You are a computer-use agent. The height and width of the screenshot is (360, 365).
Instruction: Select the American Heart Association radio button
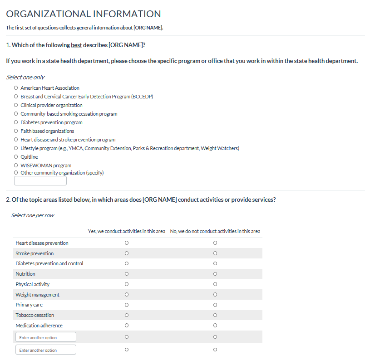[x=16, y=88]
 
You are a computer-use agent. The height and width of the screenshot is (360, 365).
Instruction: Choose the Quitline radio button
[x=16, y=157]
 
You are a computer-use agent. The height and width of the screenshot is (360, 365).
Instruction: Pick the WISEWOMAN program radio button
[x=16, y=165]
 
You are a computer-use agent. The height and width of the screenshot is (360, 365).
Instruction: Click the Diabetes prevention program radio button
[x=16, y=122]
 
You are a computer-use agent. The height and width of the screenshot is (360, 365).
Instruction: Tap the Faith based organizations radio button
[x=16, y=131]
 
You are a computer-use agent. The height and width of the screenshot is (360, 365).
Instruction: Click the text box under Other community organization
[x=40, y=181]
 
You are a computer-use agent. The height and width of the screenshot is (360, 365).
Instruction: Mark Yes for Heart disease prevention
[x=127, y=243]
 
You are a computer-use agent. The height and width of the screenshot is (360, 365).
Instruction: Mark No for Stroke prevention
[x=215, y=253]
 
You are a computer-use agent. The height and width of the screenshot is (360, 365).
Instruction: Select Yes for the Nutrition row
[x=127, y=274]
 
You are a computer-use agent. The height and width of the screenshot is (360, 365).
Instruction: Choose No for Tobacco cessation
[x=215, y=315]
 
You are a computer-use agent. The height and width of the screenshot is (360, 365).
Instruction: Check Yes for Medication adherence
[x=127, y=326]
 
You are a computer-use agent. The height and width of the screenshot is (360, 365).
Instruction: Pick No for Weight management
[x=215, y=295]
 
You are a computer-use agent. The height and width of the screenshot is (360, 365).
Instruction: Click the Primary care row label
[x=29, y=305]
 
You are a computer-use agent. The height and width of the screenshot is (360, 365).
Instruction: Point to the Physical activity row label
[x=33, y=284]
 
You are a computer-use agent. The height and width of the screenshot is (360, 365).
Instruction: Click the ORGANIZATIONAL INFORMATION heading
[x=84, y=15]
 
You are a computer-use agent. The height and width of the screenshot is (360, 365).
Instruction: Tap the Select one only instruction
[x=25, y=78]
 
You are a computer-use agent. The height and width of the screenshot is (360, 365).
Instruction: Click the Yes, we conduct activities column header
[x=127, y=231]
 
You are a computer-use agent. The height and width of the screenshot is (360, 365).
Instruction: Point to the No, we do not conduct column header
[x=215, y=231]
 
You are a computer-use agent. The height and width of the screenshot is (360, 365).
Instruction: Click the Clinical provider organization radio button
[x=16, y=105]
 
